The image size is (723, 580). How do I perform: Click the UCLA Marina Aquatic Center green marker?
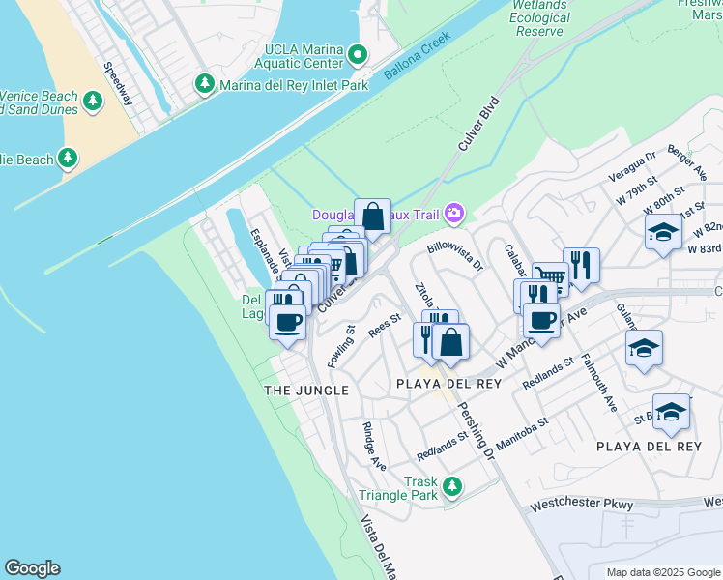pos(359,55)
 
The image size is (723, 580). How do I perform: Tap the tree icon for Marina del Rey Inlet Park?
pos(205,84)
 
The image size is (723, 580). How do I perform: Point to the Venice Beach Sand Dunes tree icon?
pos(94,101)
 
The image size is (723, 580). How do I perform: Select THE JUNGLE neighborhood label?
pos(305,390)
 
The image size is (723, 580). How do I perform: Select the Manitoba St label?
pos(523,430)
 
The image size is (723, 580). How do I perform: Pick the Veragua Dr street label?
pos(632,165)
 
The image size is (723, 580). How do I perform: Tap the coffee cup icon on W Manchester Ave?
pos(542,320)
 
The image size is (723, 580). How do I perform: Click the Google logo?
pos(32,568)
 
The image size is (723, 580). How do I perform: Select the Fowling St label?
pos(341,345)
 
